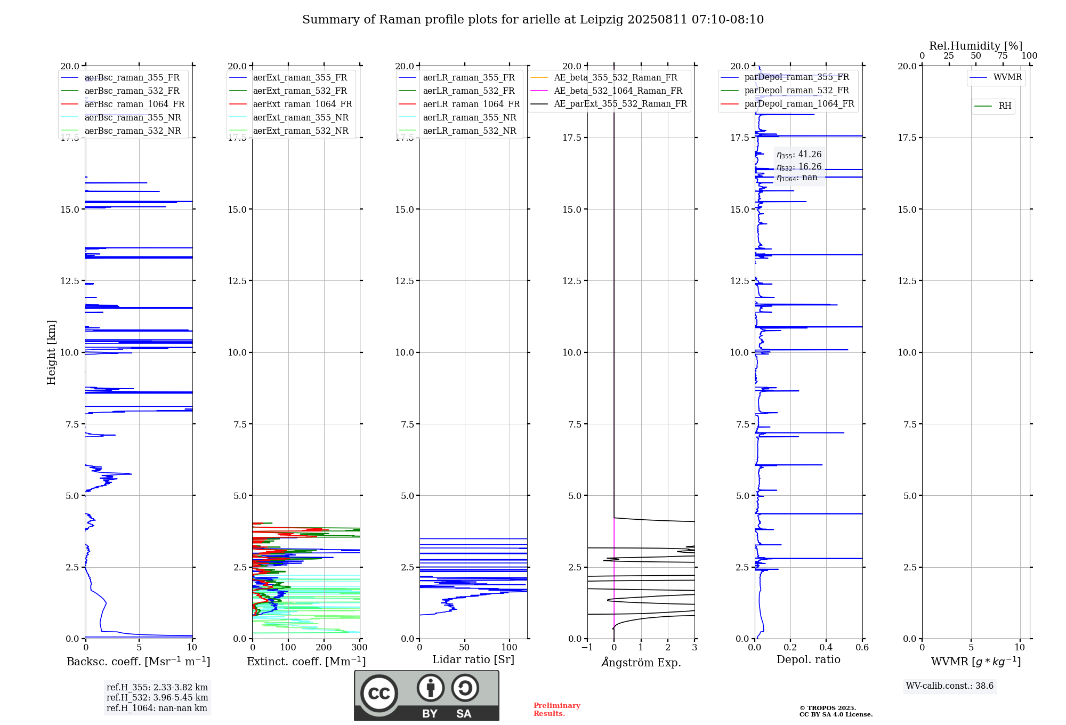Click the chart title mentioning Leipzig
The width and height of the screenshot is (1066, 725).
[533, 20]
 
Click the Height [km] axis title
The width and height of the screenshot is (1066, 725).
[51, 352]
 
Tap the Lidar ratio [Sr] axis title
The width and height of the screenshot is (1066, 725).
[473, 660]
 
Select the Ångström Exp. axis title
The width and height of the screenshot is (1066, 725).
[641, 662]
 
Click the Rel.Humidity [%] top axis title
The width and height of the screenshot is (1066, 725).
[976, 46]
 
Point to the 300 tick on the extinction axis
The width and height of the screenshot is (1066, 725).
[360, 648]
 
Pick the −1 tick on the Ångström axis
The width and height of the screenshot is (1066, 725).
[587, 648]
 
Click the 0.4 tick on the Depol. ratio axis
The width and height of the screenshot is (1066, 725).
[826, 648]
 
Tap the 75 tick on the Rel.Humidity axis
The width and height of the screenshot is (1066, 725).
[1003, 56]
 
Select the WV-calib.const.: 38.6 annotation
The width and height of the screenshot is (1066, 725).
[950, 686]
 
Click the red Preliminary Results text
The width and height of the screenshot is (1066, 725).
[557, 710]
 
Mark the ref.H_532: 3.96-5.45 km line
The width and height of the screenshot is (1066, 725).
[157, 698]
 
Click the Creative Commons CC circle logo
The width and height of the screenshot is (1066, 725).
[379, 693]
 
